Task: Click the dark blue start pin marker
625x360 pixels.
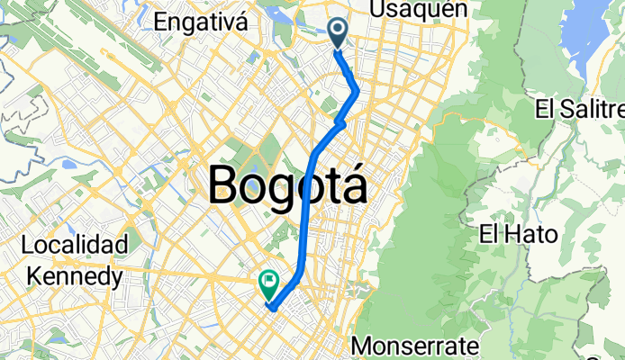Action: coord(339,32)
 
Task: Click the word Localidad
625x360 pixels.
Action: coord(77,245)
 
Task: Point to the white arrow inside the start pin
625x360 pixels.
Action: coord(339,31)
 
